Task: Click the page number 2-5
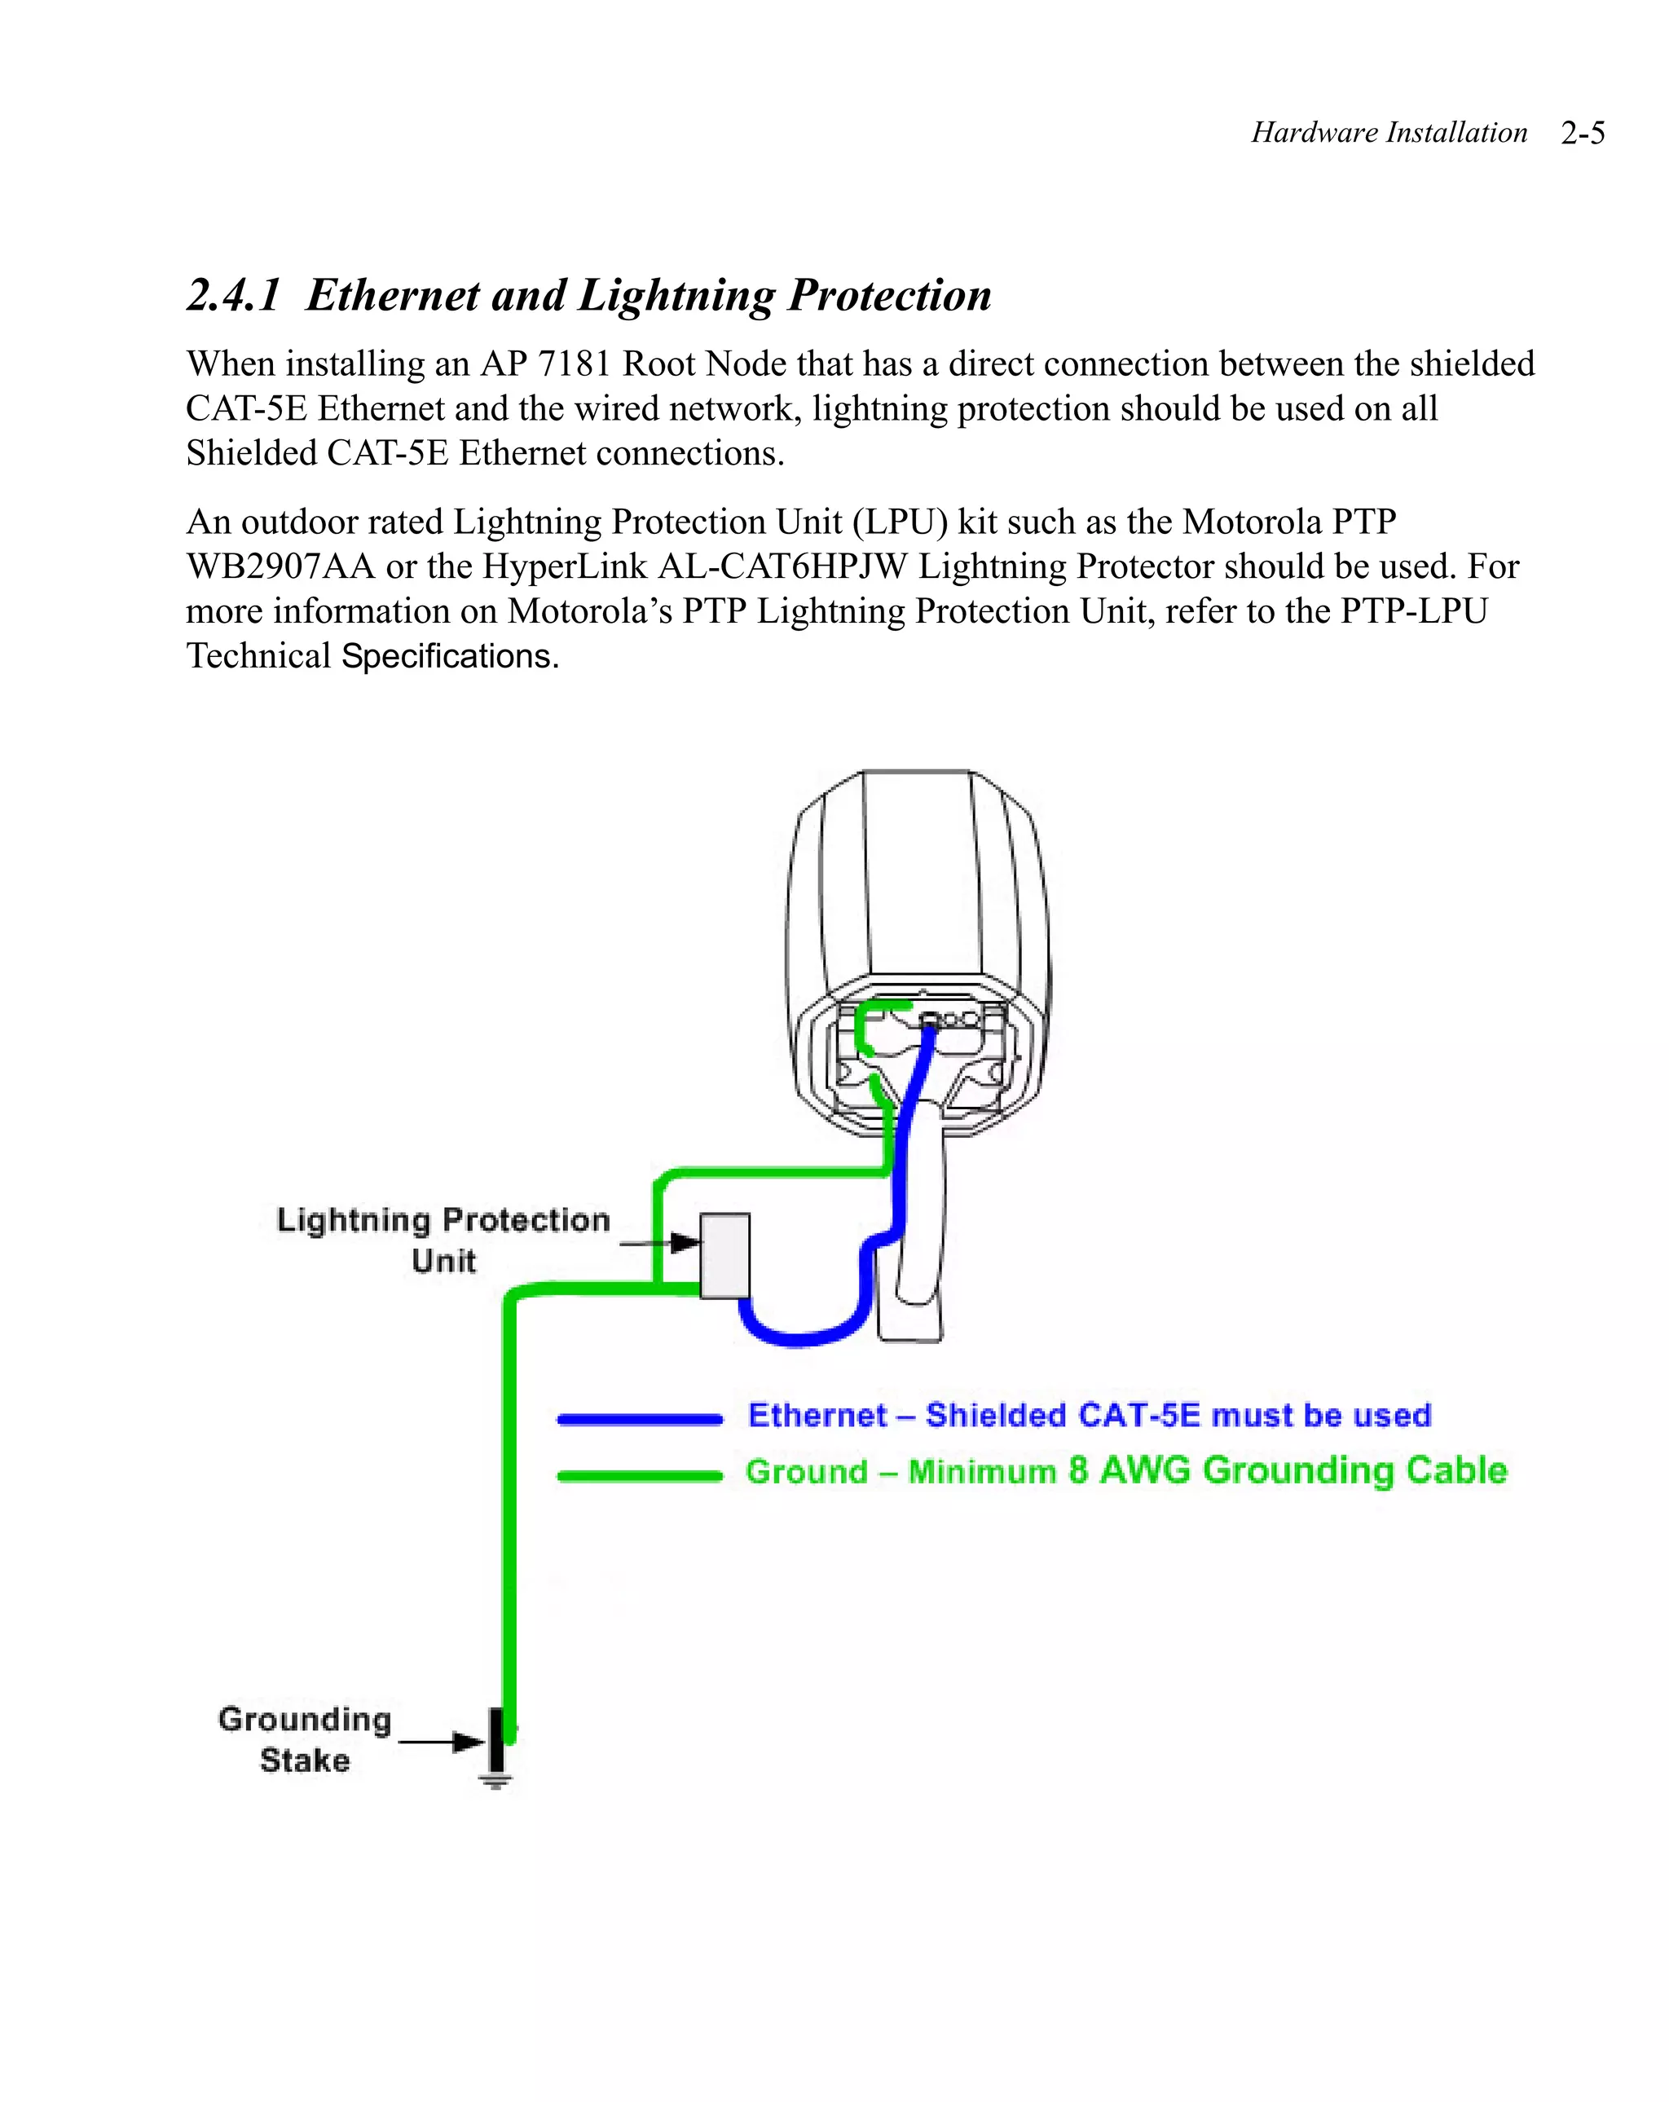point(1581,133)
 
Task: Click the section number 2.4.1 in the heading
point(234,295)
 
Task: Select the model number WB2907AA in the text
point(281,566)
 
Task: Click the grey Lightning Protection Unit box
point(724,1255)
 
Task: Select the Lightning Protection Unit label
point(443,1239)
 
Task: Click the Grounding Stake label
point(304,1739)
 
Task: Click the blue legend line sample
point(639,1420)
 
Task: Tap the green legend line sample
point(639,1476)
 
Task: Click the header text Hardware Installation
point(1388,133)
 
